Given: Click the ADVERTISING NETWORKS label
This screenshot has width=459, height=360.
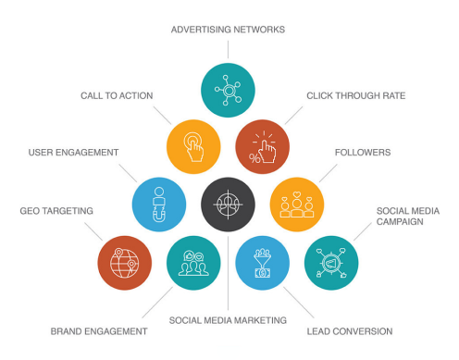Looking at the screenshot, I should tap(228, 30).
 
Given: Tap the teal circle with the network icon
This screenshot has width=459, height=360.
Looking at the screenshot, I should tap(228, 90).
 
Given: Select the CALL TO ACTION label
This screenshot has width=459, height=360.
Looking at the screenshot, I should tap(116, 95).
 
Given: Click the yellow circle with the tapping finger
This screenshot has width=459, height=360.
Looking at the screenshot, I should tap(192, 145).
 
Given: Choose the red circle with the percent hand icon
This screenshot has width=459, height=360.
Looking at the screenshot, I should tap(262, 145).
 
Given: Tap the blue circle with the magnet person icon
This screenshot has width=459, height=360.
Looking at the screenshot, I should tap(158, 204).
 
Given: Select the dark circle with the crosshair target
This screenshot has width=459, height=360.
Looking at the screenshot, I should tap(228, 204).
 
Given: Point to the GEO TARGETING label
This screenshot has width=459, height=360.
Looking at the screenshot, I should tap(57, 211).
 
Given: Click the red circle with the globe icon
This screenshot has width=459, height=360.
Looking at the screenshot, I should tap(124, 263).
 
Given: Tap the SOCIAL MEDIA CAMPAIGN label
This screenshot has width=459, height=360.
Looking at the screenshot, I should tap(406, 217).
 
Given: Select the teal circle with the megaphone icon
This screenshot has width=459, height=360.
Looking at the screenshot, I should tap(330, 263).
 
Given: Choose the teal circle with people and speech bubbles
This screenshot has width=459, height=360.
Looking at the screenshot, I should tap(193, 263).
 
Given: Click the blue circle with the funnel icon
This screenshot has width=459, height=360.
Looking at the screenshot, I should tap(262, 263).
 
